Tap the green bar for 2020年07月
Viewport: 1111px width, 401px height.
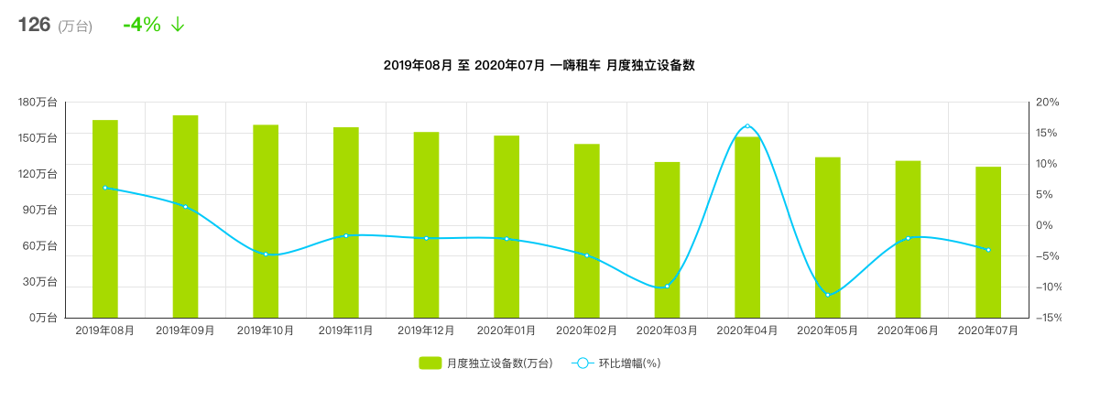(988, 242)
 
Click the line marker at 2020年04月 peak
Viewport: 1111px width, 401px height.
(747, 125)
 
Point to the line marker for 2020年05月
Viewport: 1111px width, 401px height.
(828, 295)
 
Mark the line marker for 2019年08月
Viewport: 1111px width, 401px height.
(105, 188)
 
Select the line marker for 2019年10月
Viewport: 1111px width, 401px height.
(266, 254)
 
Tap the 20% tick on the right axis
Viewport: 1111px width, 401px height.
(1047, 103)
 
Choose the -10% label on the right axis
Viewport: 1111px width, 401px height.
(1045, 287)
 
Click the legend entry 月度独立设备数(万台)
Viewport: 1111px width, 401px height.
(485, 363)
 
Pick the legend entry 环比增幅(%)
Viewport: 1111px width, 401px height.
(616, 363)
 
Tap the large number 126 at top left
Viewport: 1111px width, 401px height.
(34, 25)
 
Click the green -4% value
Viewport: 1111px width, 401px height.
(142, 25)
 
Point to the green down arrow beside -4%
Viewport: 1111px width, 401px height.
(178, 25)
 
